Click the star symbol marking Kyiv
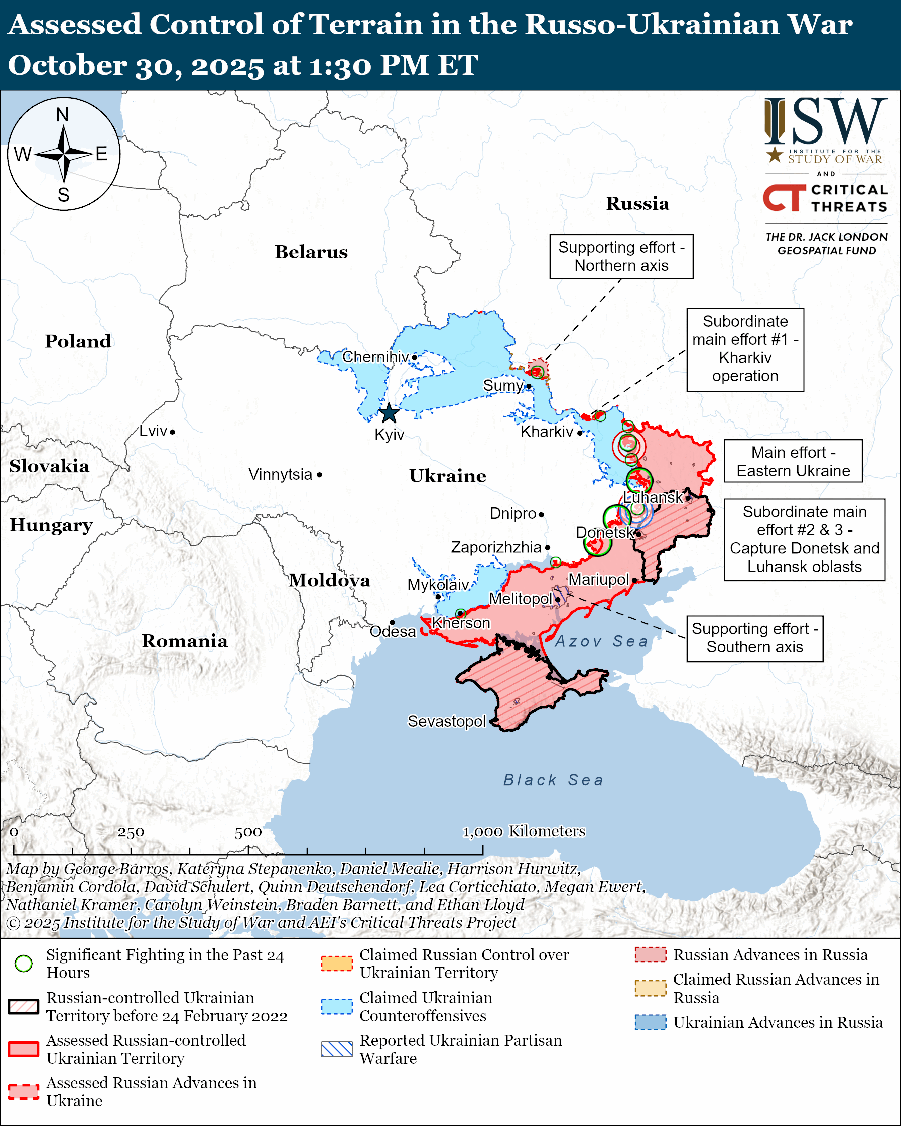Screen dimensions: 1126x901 coord(389,413)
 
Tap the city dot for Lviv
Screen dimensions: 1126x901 coord(172,432)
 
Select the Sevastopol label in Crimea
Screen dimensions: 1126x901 coord(447,721)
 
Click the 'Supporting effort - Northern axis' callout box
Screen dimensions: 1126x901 coord(621,256)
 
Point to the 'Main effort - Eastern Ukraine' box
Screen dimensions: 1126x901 coord(793,461)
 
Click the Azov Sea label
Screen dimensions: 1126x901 coord(601,641)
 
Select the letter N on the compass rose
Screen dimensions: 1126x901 coord(63,115)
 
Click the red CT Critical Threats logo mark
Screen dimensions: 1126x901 coord(785,197)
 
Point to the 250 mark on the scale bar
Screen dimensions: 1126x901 coord(131,832)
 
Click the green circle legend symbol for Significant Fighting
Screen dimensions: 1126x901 coord(24,963)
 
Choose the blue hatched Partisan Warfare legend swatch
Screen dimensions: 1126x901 coord(337,1049)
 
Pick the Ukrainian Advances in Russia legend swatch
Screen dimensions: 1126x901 coord(651,1022)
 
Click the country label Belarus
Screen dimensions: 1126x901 coord(311,252)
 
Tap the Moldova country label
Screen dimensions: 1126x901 coord(330,580)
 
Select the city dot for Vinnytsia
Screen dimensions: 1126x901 coord(320,475)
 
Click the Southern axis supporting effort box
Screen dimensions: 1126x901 coord(755,638)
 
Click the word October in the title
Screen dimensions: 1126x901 coord(67,66)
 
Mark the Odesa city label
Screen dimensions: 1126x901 coord(393,632)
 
